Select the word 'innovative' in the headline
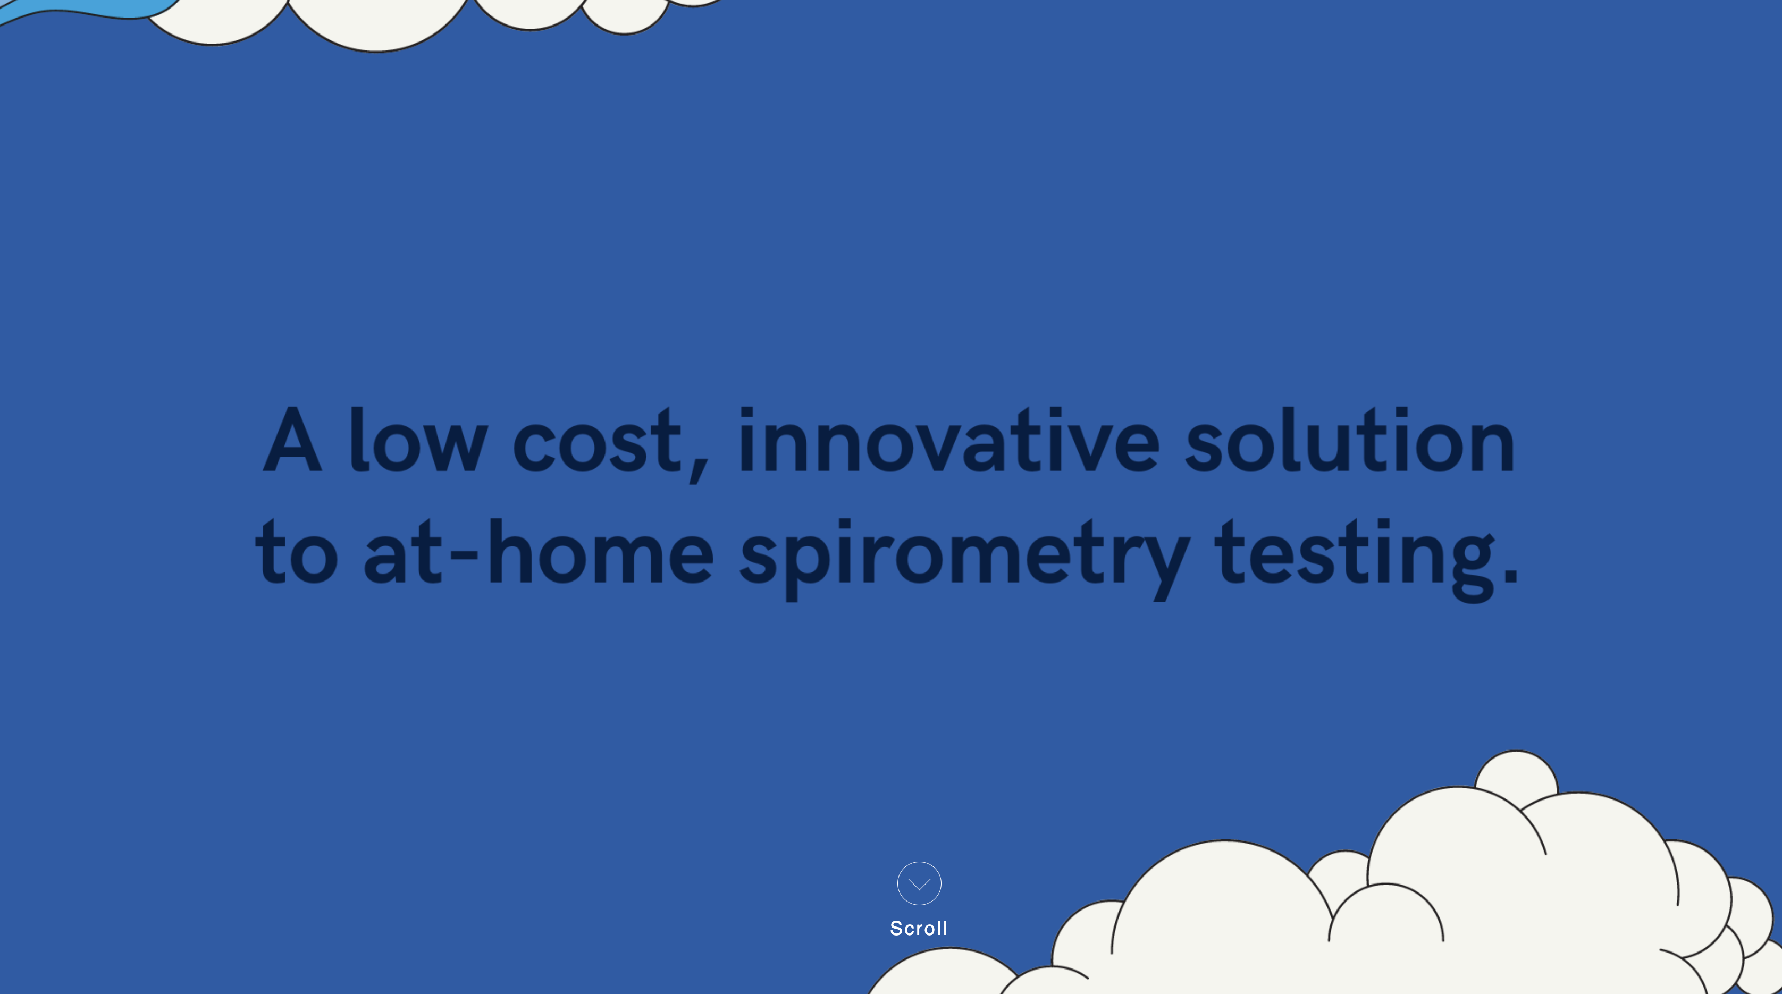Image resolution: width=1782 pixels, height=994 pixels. [x=949, y=440]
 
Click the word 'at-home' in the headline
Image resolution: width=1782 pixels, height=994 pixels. [x=538, y=551]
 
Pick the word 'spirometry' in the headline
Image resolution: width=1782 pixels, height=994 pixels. [x=965, y=559]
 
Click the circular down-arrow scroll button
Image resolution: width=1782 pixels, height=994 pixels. [x=919, y=883]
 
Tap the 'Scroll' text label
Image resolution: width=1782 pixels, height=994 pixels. [x=919, y=928]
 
